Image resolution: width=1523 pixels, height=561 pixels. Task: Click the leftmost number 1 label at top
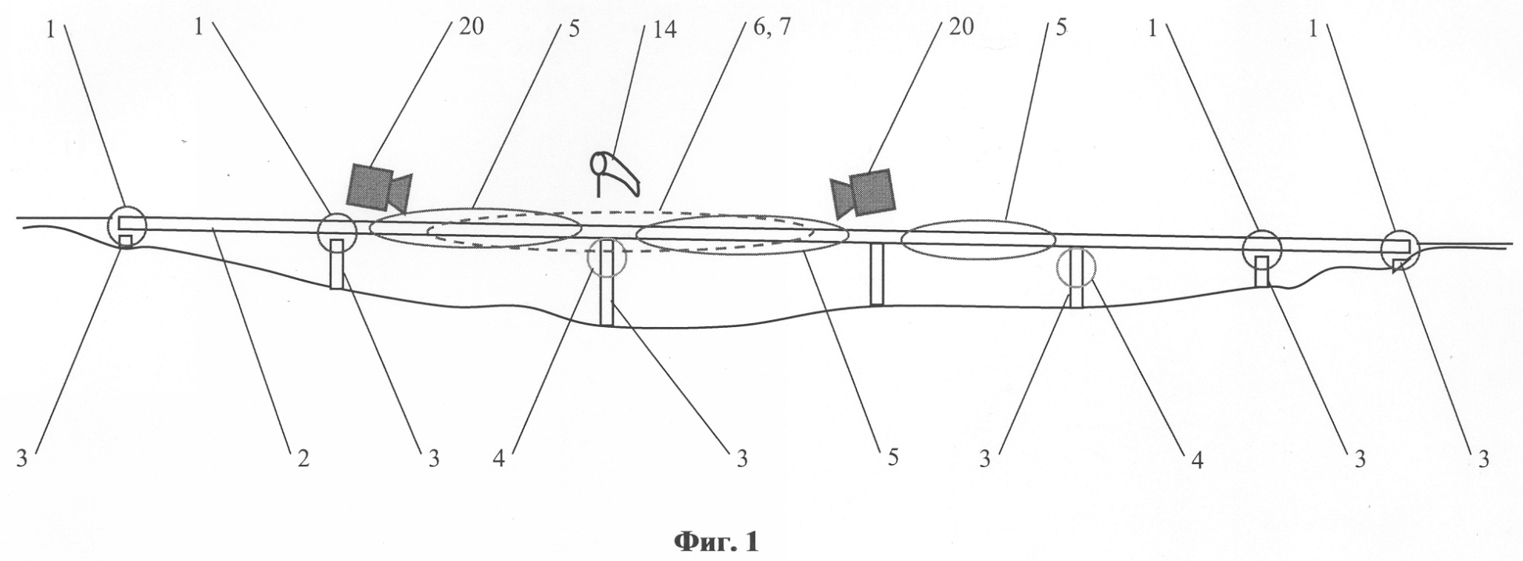pos(51,28)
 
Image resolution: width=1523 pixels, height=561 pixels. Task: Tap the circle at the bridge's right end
pos(1399,249)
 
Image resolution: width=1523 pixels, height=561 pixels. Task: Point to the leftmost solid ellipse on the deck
pos(475,228)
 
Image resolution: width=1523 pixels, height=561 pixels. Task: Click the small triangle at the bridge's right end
pos(1398,268)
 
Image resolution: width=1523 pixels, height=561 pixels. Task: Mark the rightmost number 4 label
pos(1195,459)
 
